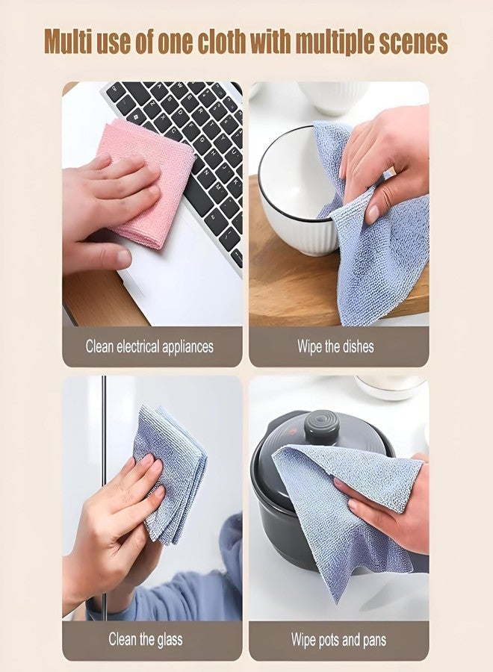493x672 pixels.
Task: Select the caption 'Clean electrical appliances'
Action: (149, 346)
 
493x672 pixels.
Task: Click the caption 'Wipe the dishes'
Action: (335, 346)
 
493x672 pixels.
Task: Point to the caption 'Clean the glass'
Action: (145, 640)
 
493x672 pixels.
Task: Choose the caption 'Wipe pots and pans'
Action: (335, 640)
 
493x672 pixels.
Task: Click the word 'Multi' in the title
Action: (73, 41)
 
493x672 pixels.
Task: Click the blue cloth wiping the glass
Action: (168, 463)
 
